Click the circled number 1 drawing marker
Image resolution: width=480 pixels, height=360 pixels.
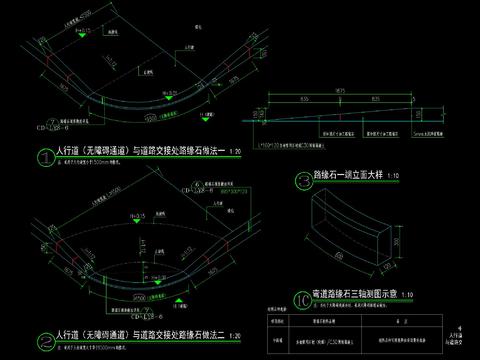[44, 156]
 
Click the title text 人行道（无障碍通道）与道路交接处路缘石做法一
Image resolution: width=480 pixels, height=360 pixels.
[138, 153]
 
